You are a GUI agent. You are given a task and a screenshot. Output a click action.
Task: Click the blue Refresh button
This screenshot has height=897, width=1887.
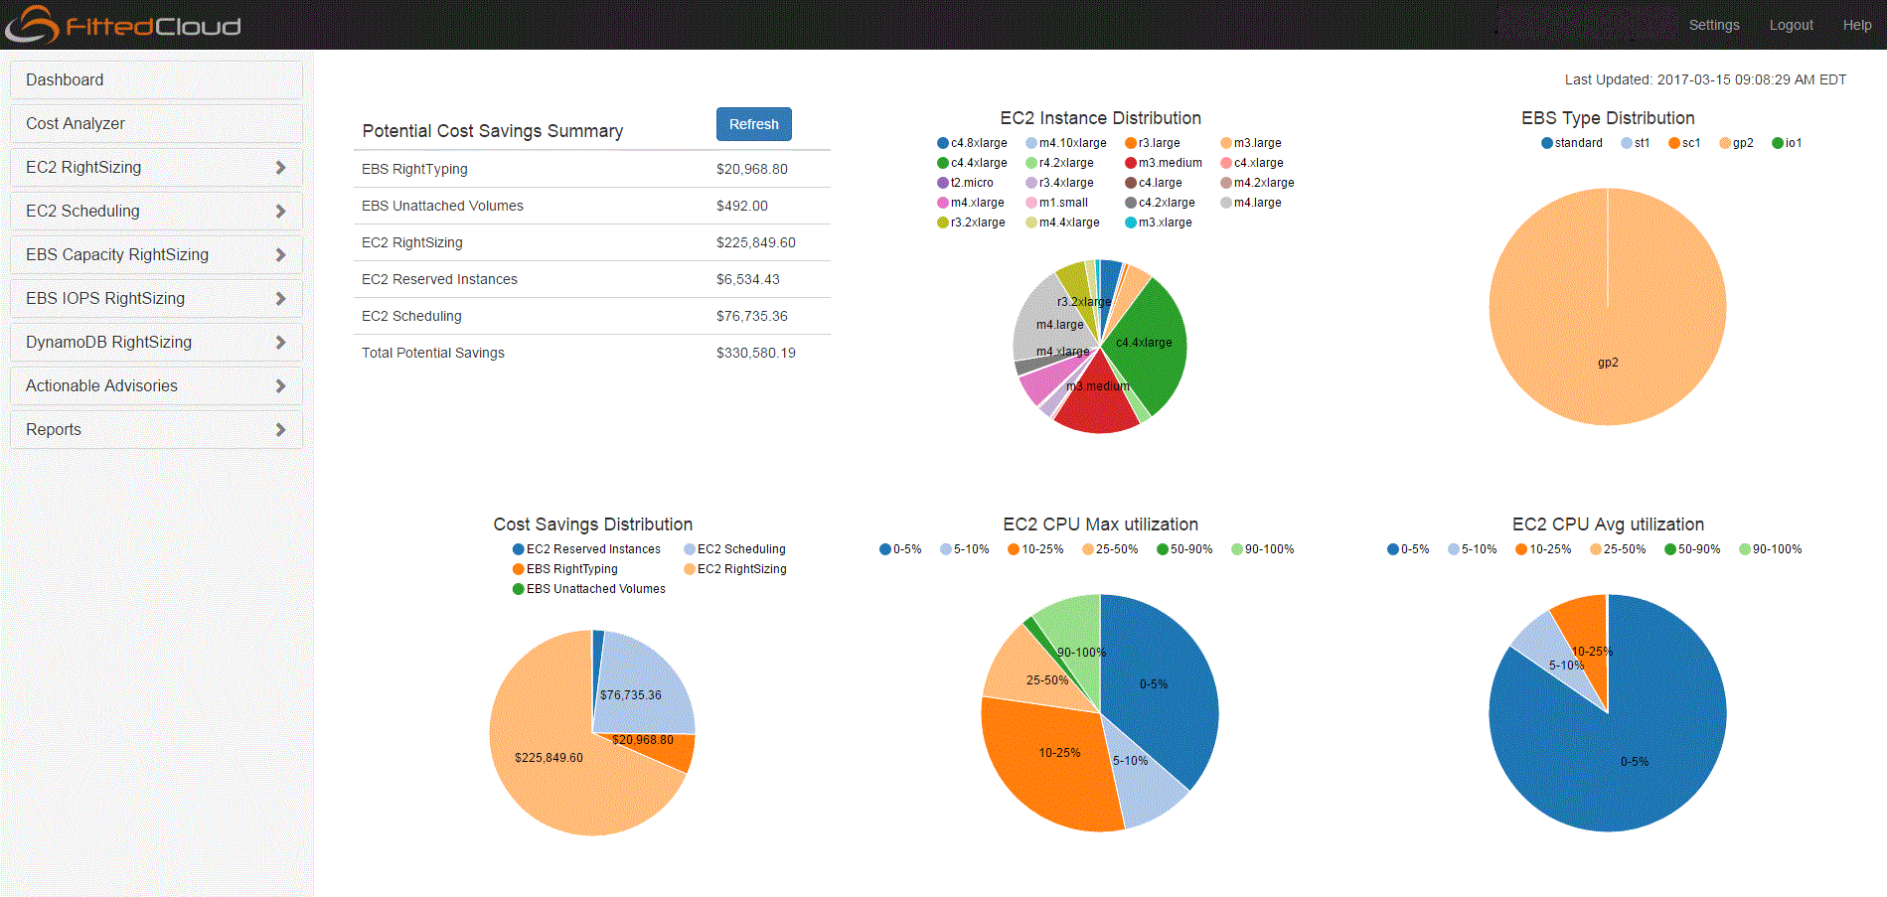point(753,124)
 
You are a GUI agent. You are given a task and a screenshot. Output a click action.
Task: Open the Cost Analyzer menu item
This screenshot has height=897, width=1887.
point(76,123)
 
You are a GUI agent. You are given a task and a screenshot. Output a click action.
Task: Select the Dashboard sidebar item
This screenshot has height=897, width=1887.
point(65,79)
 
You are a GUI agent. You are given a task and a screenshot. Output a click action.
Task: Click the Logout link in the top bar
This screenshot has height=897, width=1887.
point(1791,25)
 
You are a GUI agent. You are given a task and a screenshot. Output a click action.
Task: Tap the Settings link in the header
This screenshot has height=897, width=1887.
point(1713,25)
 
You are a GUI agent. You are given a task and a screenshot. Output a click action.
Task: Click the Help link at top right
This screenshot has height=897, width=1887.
point(1856,25)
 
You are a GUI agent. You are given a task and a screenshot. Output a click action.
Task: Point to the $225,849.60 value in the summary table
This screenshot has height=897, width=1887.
point(755,242)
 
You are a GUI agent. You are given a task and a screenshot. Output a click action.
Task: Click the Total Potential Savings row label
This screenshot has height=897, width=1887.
point(433,353)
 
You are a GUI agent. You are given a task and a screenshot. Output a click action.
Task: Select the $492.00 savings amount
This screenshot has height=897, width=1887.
point(741,206)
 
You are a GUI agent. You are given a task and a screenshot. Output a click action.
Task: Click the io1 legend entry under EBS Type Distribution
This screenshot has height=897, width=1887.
point(1788,143)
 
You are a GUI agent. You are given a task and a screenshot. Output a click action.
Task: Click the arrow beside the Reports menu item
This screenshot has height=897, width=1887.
point(280,429)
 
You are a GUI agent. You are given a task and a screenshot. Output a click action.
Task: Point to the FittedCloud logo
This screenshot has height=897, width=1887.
point(124,25)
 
